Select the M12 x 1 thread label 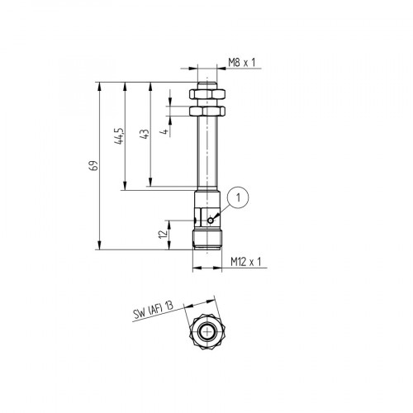[245, 262]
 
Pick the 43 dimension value [146, 134]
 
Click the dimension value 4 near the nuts [166, 129]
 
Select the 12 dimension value [164, 234]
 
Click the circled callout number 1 [237, 197]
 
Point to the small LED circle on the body [211, 220]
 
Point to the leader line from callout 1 [223, 209]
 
